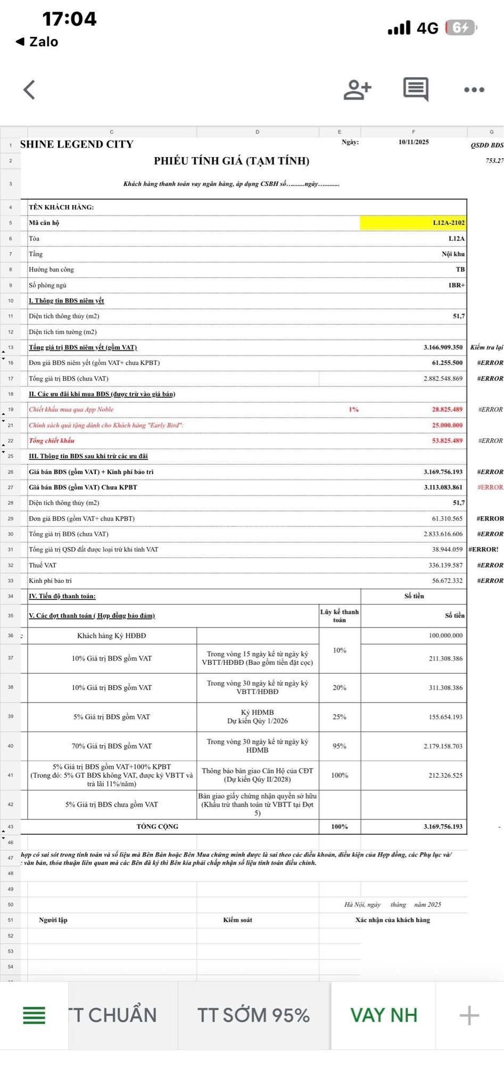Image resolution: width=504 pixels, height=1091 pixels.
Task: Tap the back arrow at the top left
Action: coord(30,89)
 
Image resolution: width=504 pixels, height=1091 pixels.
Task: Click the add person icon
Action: coord(357,89)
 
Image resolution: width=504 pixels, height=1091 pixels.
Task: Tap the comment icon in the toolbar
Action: coord(416,89)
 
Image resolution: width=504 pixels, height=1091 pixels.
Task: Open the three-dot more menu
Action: coord(474,89)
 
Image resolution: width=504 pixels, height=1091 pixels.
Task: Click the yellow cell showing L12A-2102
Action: coord(414,223)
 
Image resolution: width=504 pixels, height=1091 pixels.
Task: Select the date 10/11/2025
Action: coord(414,142)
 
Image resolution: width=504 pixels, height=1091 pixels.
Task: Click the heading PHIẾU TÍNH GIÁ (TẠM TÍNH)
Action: coord(232,161)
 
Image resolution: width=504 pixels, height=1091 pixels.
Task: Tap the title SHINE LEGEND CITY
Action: coord(77,144)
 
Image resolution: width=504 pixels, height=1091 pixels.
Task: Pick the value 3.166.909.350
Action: coord(443,347)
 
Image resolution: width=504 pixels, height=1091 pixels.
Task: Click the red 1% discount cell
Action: coord(353,410)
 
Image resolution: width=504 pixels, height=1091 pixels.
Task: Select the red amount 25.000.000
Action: coord(447,425)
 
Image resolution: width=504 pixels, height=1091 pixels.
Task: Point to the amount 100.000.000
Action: coord(445,636)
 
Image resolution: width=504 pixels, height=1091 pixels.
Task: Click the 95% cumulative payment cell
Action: coord(340,746)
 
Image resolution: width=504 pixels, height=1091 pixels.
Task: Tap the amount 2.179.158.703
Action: coord(443,746)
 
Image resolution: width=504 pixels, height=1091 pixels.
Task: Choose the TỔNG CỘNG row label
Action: coord(158,827)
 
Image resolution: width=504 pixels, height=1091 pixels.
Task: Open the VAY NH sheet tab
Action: coord(383,1015)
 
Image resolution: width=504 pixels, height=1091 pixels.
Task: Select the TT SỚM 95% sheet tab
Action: coord(253,1015)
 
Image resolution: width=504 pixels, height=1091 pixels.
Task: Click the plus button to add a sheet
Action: coord(469,1015)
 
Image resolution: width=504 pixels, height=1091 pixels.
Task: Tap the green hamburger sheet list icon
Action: coord(34,1015)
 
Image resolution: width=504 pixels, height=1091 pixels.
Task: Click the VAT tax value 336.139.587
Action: coord(445,565)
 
